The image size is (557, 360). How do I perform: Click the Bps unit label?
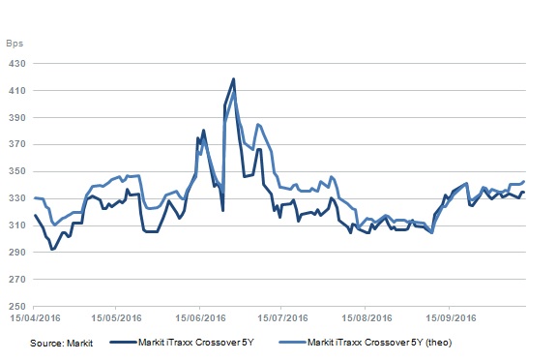[x=15, y=44]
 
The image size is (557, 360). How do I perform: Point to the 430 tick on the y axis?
[x=17, y=64]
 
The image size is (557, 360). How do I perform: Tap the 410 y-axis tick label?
[x=17, y=91]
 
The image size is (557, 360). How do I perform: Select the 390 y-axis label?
[x=17, y=118]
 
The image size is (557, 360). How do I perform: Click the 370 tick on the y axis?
[x=17, y=144]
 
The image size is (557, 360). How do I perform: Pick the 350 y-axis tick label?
[x=17, y=171]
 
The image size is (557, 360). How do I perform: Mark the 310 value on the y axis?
[x=17, y=225]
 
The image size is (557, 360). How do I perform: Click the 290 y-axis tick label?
[x=17, y=253]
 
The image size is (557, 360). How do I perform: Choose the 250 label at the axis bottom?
[x=17, y=307]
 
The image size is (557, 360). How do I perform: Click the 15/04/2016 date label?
[x=35, y=317]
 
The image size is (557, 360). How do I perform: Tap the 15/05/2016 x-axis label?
[x=116, y=317]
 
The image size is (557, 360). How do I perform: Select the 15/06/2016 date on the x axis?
[x=200, y=317]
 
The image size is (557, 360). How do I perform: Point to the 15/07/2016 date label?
[x=282, y=317]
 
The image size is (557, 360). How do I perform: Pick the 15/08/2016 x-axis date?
[x=366, y=317]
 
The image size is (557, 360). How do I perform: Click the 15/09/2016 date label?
[x=451, y=317]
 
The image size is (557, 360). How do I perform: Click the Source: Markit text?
[x=61, y=344]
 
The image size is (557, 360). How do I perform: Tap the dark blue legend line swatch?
[x=123, y=343]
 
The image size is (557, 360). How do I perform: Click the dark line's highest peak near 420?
[x=233, y=78]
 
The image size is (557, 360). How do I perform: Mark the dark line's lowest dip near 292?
[x=52, y=250]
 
